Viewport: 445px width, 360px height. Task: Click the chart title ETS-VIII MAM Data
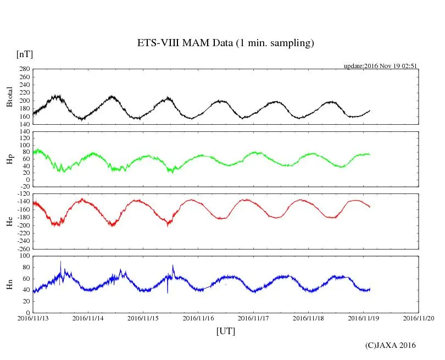point(225,43)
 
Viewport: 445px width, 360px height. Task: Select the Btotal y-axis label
point(9,97)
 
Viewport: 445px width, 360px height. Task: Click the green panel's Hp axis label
point(9,159)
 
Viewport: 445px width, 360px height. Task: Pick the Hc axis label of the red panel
point(9,221)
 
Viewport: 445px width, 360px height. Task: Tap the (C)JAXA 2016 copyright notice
point(391,345)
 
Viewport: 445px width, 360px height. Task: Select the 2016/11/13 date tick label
point(33,318)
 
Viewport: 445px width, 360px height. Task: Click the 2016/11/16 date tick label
point(199,318)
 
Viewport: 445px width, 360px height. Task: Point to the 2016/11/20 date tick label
point(419,318)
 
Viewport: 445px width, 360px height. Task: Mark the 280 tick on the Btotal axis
point(24,69)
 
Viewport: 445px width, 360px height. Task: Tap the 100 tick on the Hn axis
point(24,256)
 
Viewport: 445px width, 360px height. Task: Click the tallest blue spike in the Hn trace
point(60,262)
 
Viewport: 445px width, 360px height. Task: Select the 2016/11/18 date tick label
point(309,318)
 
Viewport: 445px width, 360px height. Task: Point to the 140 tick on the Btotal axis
point(24,124)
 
